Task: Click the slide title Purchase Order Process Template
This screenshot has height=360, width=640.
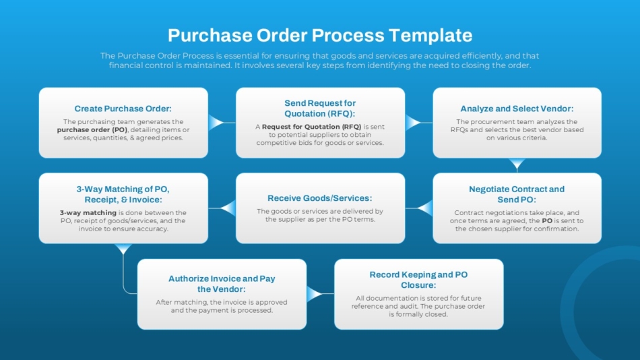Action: pyautogui.click(x=320, y=35)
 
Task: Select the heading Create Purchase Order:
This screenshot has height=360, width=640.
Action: pyautogui.click(x=123, y=109)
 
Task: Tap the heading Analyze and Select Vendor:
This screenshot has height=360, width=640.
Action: pyautogui.click(x=517, y=109)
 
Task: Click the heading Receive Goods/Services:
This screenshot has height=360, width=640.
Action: pyautogui.click(x=320, y=198)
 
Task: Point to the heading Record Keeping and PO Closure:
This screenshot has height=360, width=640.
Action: pyautogui.click(x=418, y=280)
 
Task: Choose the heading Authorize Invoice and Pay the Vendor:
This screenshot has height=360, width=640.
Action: pyautogui.click(x=222, y=283)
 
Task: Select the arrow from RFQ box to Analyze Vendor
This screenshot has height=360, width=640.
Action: pyautogui.click(x=413, y=123)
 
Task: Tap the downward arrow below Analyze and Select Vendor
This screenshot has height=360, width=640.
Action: pyautogui.click(x=517, y=164)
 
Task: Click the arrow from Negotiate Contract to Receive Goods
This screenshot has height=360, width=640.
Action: pyautogui.click(x=424, y=208)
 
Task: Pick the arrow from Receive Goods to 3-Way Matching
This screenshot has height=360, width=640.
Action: pyautogui.click(x=227, y=208)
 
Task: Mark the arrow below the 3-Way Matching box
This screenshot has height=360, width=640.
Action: pyautogui.click(x=123, y=249)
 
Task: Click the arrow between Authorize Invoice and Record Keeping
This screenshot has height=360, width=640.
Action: pyautogui.click(x=315, y=294)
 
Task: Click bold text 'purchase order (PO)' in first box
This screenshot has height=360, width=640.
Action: pyautogui.click(x=92, y=129)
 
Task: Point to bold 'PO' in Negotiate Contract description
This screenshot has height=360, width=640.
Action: pyautogui.click(x=548, y=220)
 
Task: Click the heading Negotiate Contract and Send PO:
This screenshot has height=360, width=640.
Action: pyautogui.click(x=517, y=194)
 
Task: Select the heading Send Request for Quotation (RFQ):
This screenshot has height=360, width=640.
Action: pyautogui.click(x=320, y=108)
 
